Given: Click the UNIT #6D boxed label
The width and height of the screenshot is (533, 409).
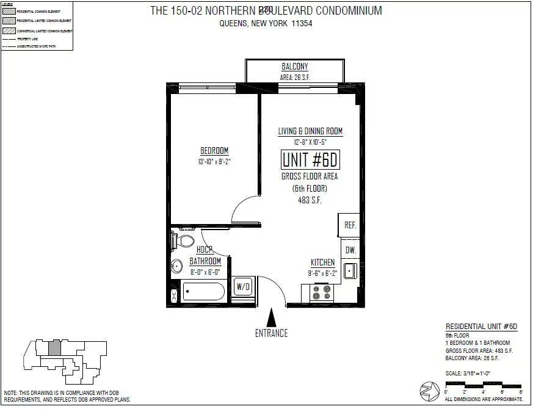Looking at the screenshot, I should click(x=310, y=159).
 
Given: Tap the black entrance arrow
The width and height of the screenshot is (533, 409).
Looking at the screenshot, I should click(x=272, y=317).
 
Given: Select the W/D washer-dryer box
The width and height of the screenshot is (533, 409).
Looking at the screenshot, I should click(x=243, y=286).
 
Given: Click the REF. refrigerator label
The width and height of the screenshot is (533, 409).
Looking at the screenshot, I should click(x=350, y=225).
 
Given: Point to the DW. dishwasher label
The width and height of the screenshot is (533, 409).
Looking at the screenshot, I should click(x=350, y=250).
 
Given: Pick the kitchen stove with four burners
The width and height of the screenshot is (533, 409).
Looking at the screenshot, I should click(x=323, y=292).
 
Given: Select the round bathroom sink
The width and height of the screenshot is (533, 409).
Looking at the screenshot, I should click(x=176, y=266).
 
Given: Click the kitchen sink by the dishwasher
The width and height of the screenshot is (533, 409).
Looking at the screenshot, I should click(x=350, y=270).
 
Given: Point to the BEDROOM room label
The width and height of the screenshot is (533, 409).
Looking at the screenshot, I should click(x=214, y=151).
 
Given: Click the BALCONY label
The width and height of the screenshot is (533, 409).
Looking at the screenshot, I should click(x=294, y=67).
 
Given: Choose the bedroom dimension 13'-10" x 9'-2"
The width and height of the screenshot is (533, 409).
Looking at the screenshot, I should click(x=214, y=162).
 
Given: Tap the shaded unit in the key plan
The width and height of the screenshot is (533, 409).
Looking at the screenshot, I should click(x=54, y=348).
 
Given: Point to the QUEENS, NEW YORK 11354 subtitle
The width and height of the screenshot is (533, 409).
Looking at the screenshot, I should click(x=266, y=24).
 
